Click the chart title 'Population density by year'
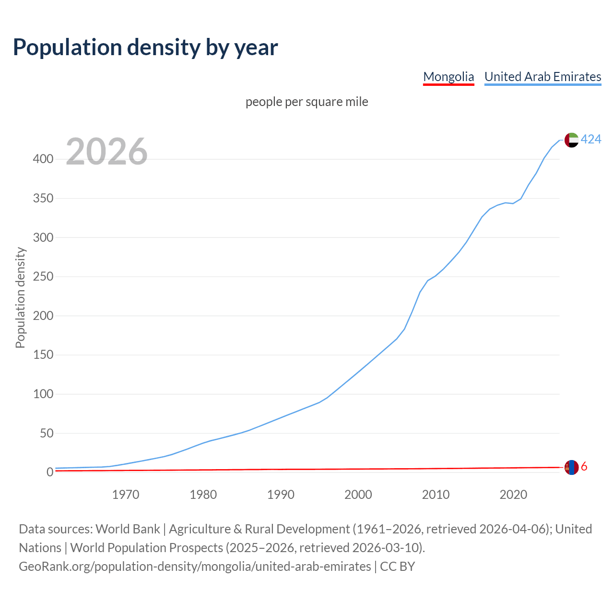coord(145,47)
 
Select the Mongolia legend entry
coord(449,77)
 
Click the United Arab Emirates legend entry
coord(543,77)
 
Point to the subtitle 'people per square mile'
coord(307,102)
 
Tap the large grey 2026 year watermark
coord(106,152)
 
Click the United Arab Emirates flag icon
coord(571,140)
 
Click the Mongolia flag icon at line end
coord(571,467)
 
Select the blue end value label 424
coord(591,139)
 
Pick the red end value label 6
coord(584,467)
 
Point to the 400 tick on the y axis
coord(43,159)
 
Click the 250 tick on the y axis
coord(43,277)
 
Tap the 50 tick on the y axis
coord(46,434)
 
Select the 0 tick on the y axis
coord(49,472)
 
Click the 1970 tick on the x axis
coord(126,495)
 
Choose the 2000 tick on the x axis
coord(358,495)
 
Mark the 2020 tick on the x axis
coord(513,495)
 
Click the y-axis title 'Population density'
coord(20,297)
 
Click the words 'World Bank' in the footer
coord(128,529)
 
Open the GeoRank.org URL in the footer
coord(195,567)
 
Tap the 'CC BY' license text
coord(397,567)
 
